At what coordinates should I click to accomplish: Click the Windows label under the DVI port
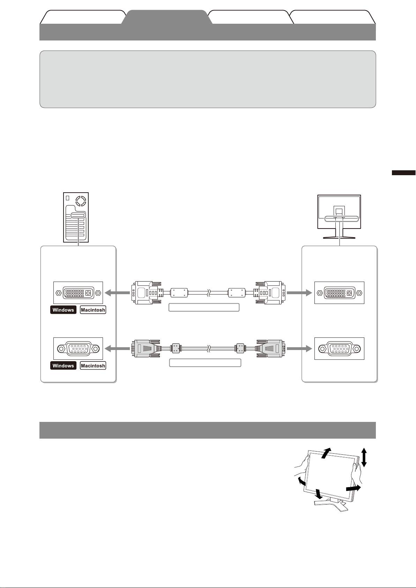click(63, 310)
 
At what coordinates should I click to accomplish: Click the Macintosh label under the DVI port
click(93, 310)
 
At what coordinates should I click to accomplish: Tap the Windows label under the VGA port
click(63, 366)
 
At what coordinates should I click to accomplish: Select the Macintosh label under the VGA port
click(93, 366)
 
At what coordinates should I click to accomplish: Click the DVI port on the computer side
click(78, 293)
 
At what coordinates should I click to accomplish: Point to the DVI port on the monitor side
click(339, 293)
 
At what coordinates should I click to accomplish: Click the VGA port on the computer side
click(78, 348)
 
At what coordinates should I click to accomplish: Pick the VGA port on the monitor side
click(339, 348)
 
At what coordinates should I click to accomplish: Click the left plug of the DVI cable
click(147, 292)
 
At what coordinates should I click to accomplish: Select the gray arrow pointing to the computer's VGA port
click(117, 348)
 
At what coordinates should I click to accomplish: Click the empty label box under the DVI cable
click(204, 307)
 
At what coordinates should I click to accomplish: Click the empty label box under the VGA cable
click(205, 363)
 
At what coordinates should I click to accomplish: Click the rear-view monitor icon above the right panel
click(339, 216)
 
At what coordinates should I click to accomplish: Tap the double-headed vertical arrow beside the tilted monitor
click(364, 457)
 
